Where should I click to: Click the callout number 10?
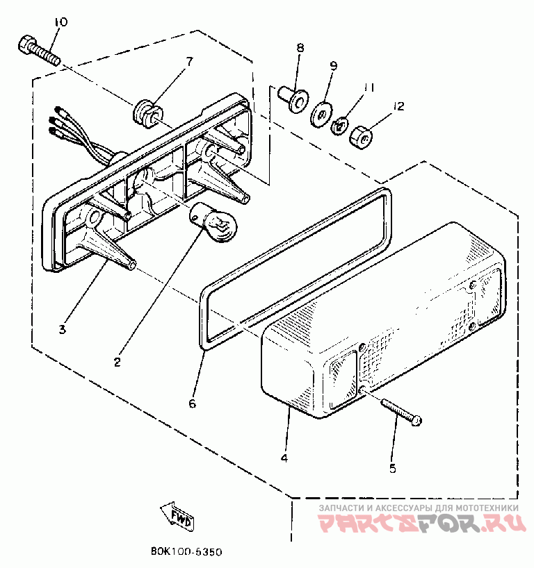tap(61, 22)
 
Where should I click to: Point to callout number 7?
tap(188, 62)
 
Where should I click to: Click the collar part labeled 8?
tap(293, 99)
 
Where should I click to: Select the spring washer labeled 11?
tap(340, 126)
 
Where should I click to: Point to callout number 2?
tap(118, 362)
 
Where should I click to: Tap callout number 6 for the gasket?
tap(193, 402)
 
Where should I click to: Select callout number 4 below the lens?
tap(284, 458)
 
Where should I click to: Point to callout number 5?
tap(393, 468)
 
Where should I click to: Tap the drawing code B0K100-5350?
tap(186, 552)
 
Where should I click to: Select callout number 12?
tap(398, 106)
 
